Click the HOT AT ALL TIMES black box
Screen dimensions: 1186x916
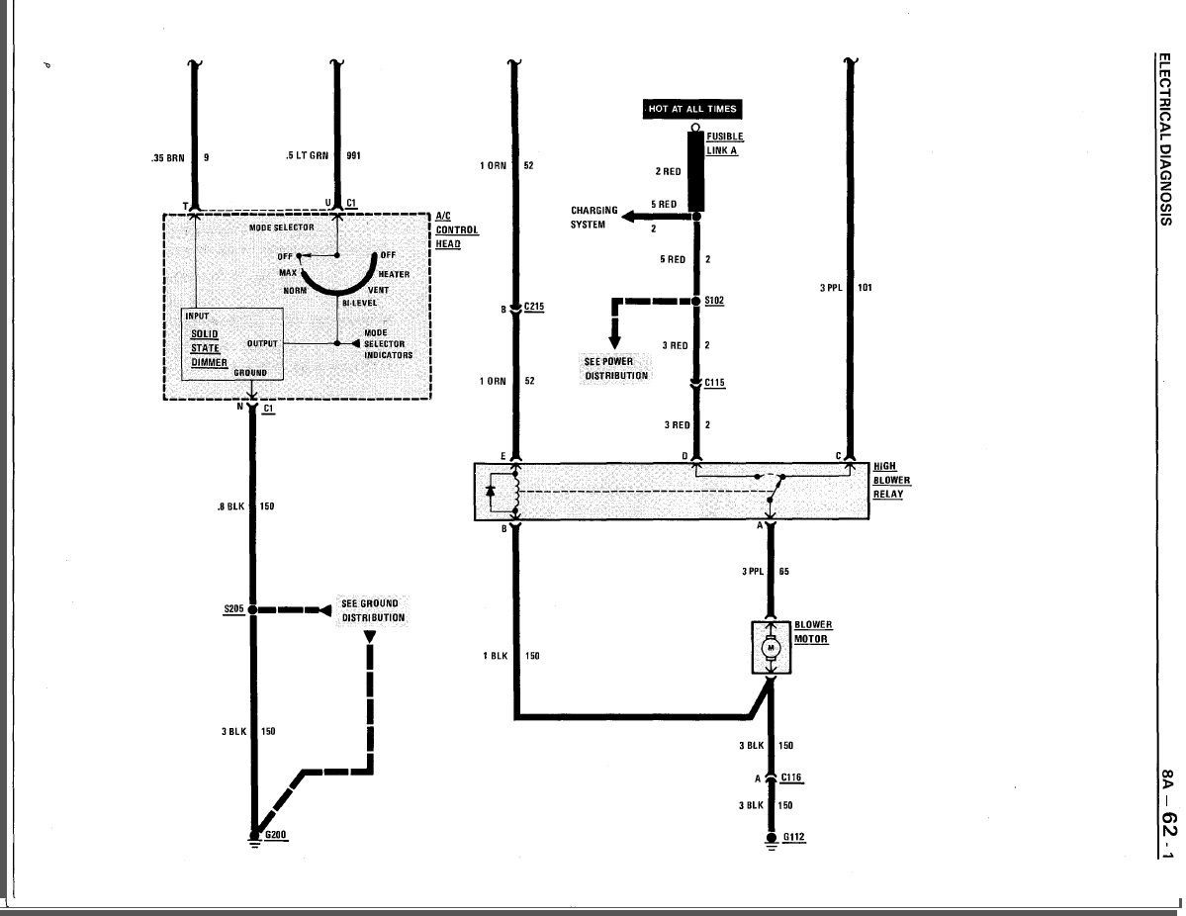click(691, 109)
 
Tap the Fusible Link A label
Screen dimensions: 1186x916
click(725, 143)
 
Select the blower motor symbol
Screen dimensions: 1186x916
click(771, 648)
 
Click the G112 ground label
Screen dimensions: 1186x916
click(793, 837)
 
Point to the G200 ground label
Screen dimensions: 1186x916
click(275, 835)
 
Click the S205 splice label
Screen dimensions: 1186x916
click(233, 609)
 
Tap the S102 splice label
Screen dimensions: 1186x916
click(714, 301)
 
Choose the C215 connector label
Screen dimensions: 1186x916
click(533, 307)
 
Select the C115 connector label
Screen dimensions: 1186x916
click(715, 383)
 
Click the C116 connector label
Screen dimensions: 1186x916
click(791, 778)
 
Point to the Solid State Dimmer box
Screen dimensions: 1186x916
click(232, 344)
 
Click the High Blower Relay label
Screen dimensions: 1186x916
click(892, 481)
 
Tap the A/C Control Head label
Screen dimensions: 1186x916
click(457, 229)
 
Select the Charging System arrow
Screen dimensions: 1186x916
click(658, 217)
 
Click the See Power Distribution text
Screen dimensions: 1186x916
click(615, 368)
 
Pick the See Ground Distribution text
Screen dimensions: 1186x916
click(373, 610)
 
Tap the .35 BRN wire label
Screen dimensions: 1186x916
click(168, 158)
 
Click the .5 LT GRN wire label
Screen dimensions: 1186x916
click(307, 156)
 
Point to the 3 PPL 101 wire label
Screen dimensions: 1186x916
click(846, 288)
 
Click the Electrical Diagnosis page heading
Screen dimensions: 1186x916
click(1165, 139)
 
